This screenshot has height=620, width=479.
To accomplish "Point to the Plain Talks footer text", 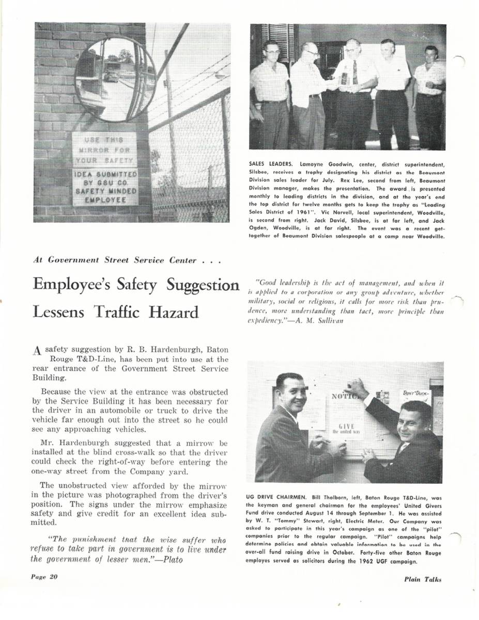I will (423, 579).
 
